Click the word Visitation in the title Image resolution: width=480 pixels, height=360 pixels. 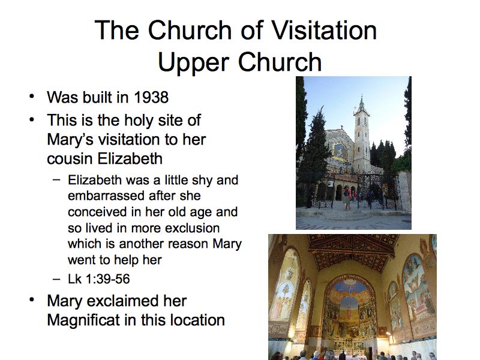tap(324, 31)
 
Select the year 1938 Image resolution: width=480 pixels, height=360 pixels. tap(151, 97)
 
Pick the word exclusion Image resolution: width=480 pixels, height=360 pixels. tap(192, 228)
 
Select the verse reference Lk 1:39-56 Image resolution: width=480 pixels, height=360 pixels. tap(98, 279)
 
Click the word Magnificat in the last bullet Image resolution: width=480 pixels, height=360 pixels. tap(83, 320)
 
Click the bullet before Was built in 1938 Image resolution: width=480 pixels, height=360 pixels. tap(32, 97)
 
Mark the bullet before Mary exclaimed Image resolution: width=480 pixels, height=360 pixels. tap(32, 300)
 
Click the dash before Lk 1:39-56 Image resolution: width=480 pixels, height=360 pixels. tap(56, 279)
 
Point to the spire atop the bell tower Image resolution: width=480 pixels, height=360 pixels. tap(362, 101)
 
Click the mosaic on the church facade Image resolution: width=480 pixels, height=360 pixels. tap(340, 151)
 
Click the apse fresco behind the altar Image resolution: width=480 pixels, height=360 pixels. tap(349, 309)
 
